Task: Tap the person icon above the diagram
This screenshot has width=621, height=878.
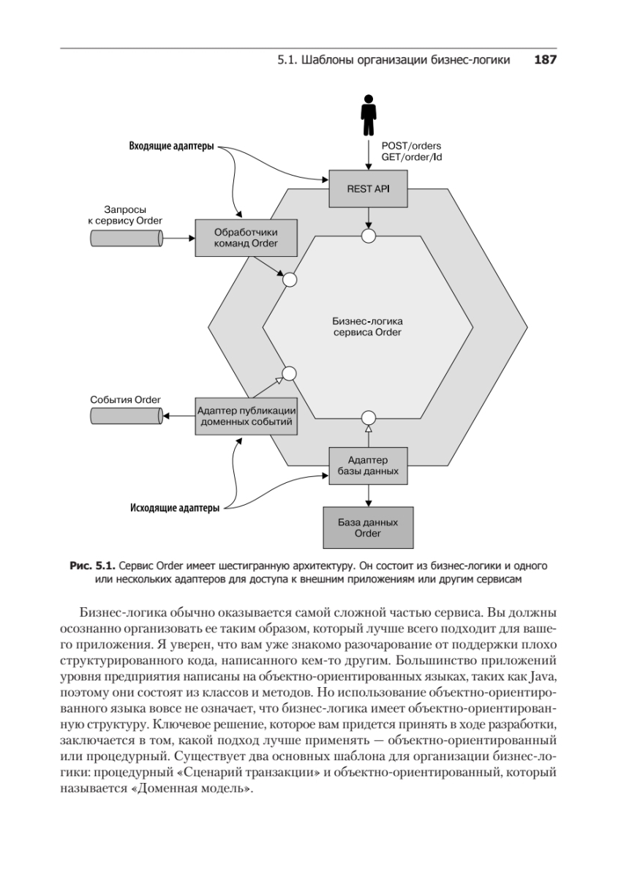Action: tap(368, 116)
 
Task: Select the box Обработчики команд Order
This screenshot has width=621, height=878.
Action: tap(246, 238)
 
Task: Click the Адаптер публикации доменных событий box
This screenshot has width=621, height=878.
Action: tap(246, 416)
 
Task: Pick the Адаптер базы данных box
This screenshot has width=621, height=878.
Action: tap(368, 465)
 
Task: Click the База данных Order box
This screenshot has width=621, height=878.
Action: tap(368, 528)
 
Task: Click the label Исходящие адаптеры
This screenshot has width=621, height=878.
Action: tap(174, 508)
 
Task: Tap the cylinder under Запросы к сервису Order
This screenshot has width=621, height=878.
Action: tap(126, 238)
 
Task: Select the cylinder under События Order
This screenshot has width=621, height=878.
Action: tap(126, 416)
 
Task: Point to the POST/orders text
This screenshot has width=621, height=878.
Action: tap(411, 146)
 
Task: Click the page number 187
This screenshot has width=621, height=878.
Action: tap(546, 60)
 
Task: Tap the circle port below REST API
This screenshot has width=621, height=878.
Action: tap(369, 236)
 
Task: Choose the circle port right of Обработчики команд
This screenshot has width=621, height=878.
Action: tap(289, 279)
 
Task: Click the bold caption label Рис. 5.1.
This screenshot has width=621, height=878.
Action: tap(91, 566)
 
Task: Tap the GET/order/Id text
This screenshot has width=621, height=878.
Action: tap(412, 157)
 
